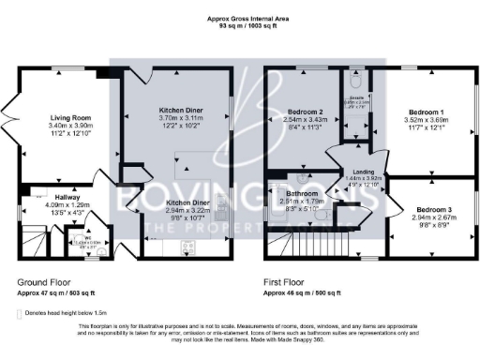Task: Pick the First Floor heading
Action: (288, 281)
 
